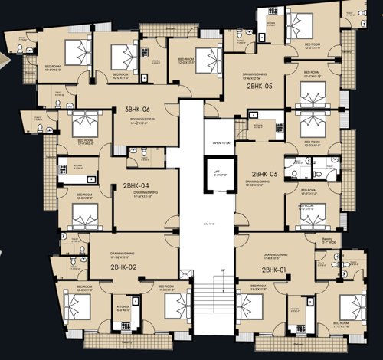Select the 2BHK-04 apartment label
click(x=136, y=185)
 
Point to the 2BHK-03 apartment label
click(x=264, y=175)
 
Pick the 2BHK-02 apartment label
click(x=123, y=267)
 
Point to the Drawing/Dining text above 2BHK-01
click(x=274, y=254)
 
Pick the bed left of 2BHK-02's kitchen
click(x=77, y=306)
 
